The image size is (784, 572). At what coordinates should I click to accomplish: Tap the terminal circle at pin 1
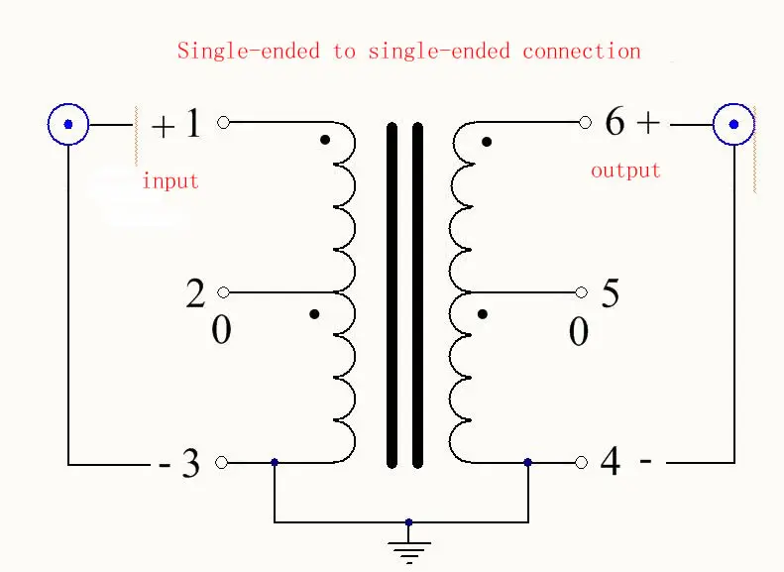[x=223, y=122]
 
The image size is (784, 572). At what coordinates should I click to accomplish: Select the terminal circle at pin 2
[x=223, y=292]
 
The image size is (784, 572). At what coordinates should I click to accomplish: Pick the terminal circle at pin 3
[x=221, y=463]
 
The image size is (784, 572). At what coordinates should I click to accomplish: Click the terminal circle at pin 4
[x=581, y=463]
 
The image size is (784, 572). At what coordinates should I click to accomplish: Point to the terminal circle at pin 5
[x=581, y=292]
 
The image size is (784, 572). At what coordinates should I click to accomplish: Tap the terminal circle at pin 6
[x=585, y=122]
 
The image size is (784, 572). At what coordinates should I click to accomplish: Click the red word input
[x=170, y=180]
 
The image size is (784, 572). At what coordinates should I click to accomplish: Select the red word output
[x=625, y=171]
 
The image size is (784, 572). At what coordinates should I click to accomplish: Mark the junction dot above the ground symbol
[x=408, y=522]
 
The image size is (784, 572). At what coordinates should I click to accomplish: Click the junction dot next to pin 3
[x=274, y=463]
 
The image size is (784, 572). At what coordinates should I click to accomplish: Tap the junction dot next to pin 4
[x=528, y=463]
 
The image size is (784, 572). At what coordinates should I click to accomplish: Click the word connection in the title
[x=582, y=51]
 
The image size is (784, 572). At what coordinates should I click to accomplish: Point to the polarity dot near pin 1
[x=325, y=140]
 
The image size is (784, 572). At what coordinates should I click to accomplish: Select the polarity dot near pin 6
[x=487, y=142]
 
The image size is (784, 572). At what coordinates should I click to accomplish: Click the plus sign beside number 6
[x=648, y=123]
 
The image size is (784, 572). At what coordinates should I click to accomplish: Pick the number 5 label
[x=610, y=293]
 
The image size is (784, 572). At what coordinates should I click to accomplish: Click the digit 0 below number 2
[x=221, y=330]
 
